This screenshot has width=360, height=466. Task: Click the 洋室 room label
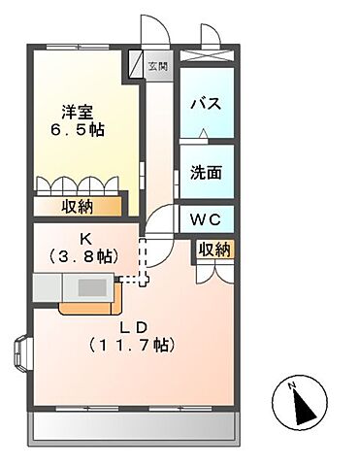[x=79, y=111]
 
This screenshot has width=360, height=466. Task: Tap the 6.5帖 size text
[x=79, y=129]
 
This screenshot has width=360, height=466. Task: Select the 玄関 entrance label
[x=157, y=66]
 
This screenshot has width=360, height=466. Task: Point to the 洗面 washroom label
[x=206, y=173]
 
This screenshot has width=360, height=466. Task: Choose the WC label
[x=206, y=219]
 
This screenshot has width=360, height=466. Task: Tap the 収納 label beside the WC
[x=215, y=250]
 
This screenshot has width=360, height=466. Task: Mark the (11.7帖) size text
[x=130, y=345]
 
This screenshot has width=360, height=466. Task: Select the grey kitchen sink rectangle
[x=93, y=287]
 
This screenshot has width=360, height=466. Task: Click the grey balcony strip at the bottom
[x=134, y=424]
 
